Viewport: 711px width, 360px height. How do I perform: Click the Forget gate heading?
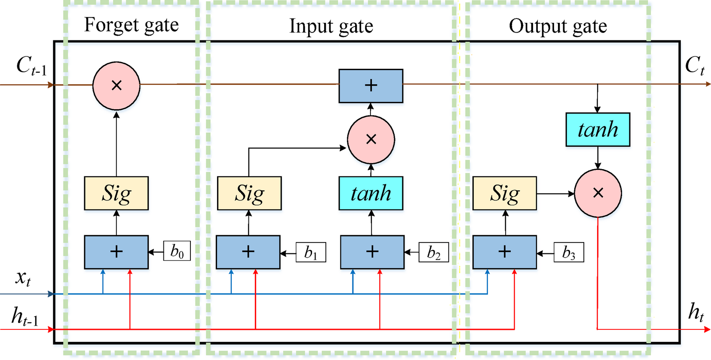pos(131,25)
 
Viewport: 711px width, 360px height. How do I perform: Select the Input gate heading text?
pos(331,26)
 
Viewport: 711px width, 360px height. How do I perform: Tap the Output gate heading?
pos(558,26)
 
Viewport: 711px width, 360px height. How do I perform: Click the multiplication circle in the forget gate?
pos(116,86)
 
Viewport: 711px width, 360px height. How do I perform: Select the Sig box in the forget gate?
pos(116,193)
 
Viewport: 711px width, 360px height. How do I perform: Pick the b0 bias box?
pos(177,251)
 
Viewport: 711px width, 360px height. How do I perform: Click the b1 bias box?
pos(311,252)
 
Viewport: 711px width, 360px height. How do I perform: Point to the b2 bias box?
pos(434,252)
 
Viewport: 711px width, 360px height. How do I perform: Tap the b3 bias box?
pos(568,252)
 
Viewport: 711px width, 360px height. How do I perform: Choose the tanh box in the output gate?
pos(598,129)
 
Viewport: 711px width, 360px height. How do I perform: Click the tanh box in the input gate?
pos(371,193)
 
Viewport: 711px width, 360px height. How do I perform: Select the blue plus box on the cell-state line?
pos(371,86)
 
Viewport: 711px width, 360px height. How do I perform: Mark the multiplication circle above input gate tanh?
pos(371,139)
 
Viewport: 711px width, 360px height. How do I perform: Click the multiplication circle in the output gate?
pos(598,193)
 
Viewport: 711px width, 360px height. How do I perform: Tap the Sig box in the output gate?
pos(505,193)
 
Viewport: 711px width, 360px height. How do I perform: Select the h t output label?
pos(696,312)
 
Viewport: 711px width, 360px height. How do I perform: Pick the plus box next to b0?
pos(116,252)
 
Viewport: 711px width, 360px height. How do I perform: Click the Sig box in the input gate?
pos(249,193)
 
